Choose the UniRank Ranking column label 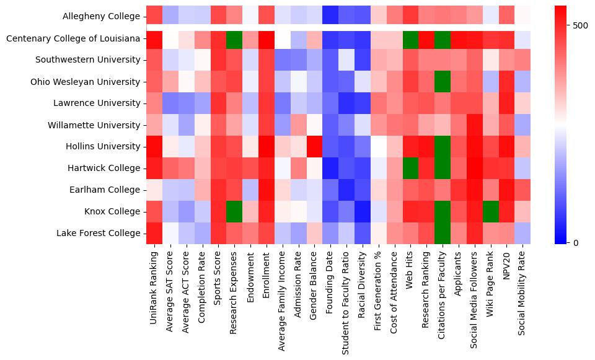154,281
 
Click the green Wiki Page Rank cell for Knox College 490,211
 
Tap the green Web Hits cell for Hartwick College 410,168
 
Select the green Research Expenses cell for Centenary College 234,38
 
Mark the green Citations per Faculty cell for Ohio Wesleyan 443,82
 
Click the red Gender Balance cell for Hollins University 314,147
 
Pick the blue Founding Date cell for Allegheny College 330,17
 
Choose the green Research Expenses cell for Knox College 234,211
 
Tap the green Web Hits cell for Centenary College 410,38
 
